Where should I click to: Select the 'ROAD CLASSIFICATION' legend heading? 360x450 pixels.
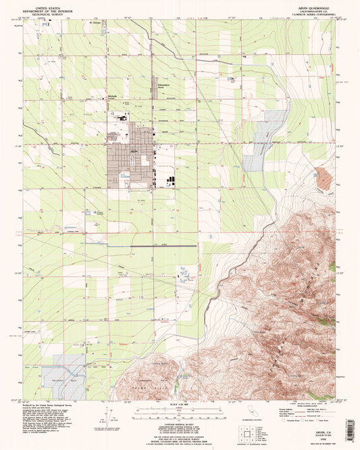302,404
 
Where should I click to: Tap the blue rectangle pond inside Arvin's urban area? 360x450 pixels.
124,176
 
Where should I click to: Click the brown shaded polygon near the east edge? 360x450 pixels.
324,177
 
